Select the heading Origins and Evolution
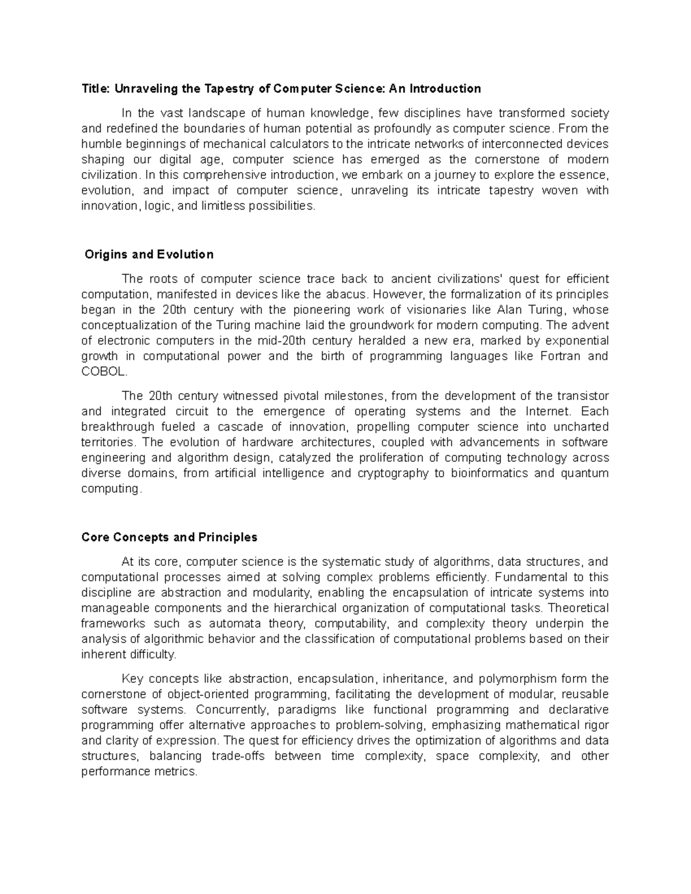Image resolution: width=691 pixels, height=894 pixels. tap(149, 254)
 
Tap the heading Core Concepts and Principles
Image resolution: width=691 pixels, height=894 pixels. tap(169, 537)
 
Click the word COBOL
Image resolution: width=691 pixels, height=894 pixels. tap(103, 371)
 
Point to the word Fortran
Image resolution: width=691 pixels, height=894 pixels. tap(560, 356)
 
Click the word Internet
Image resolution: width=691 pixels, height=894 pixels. tap(548, 411)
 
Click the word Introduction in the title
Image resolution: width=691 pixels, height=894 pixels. tap(444, 89)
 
